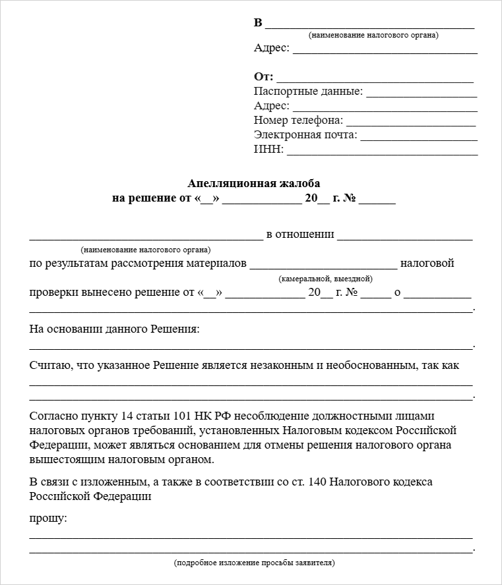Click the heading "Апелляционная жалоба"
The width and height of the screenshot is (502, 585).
point(253,183)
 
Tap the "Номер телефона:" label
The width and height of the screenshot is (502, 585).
point(298,121)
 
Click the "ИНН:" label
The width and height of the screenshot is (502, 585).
point(268,150)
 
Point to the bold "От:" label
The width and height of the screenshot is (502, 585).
point(263,76)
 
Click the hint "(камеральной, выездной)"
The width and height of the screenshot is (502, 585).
point(325,278)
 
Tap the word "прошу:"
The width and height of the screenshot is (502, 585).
point(48,518)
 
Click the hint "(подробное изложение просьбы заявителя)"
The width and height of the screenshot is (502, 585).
point(255,563)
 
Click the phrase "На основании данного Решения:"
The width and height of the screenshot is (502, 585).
point(114,328)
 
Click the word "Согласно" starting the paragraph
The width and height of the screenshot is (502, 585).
point(52,416)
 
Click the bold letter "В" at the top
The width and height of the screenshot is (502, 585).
point(258,23)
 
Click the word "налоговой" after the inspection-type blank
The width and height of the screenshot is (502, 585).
point(427,264)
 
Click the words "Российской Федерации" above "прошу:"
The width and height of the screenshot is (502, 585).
point(90,496)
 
